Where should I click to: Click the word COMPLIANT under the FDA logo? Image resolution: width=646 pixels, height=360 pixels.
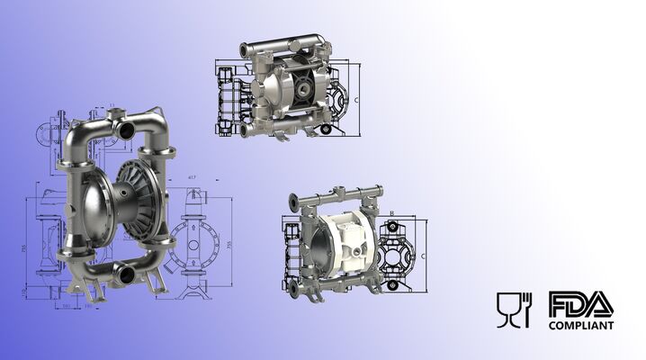tap(581, 325)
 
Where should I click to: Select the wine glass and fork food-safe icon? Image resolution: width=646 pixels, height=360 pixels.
tap(515, 310)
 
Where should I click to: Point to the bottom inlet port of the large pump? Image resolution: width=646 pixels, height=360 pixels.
tap(125, 270)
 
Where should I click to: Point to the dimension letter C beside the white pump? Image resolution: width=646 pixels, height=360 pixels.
tap(423, 255)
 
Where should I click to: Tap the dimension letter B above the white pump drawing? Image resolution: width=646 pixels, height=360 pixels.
tap(393, 213)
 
